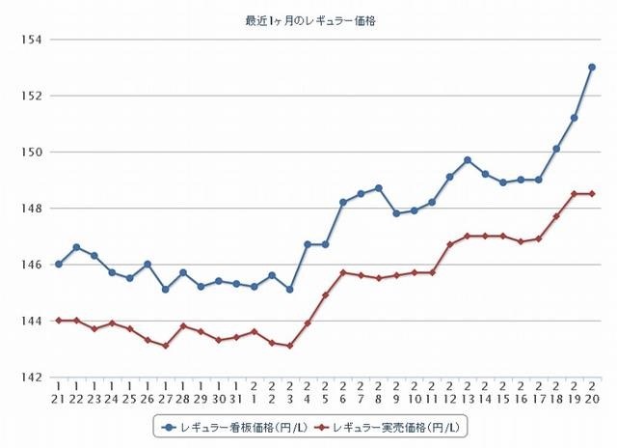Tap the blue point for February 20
point(592,68)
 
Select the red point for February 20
point(592,194)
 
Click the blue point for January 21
point(58,264)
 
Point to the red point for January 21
point(58,320)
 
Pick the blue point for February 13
point(468,160)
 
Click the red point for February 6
point(343,272)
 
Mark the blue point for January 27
point(165,289)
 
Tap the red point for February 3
point(289,345)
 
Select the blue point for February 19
point(575,118)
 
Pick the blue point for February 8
point(379,188)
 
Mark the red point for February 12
point(449,244)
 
